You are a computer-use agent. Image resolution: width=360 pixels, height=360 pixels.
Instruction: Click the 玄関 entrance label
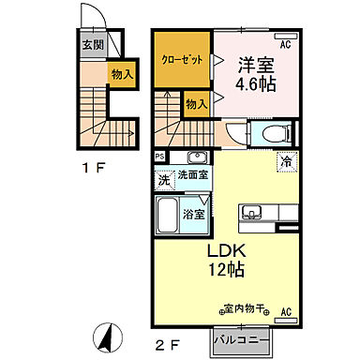(x=91, y=43)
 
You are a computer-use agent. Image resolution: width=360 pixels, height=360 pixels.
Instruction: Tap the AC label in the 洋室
(x=285, y=43)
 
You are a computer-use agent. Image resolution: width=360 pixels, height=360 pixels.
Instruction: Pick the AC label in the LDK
(x=285, y=312)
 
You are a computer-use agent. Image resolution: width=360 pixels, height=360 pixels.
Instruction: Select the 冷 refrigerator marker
(x=283, y=161)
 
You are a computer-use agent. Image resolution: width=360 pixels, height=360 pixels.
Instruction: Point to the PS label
(x=159, y=157)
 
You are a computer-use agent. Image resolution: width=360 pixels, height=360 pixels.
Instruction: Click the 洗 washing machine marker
(x=161, y=178)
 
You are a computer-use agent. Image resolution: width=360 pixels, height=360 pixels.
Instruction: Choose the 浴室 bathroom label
(x=194, y=215)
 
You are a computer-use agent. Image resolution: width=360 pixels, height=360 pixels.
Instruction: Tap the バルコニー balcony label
(x=242, y=338)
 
